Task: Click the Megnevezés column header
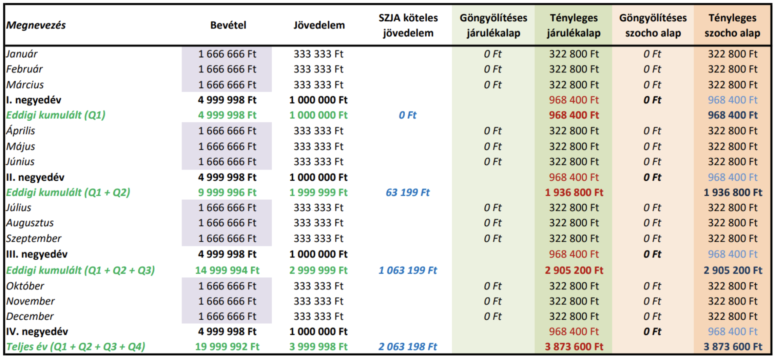[36, 25]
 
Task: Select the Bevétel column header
[228, 25]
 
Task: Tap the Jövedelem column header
[319, 25]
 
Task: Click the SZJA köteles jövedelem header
[408, 25]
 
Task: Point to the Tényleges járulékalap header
[574, 25]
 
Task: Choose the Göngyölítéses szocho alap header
[653, 25]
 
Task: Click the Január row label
[22, 54]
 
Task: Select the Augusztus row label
[30, 223]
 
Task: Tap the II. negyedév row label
[35, 177]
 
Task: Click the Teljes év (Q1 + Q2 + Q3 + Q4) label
[76, 347]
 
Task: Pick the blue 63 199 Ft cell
[408, 193]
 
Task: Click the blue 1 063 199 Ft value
[408, 270]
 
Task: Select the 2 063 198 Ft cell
[408, 347]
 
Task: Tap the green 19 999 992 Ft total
[227, 347]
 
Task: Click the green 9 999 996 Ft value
[227, 193]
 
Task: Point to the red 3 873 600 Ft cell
[574, 347]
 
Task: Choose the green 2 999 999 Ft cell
[318, 270]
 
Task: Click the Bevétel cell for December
[227, 316]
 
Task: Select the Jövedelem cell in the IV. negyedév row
[318, 332]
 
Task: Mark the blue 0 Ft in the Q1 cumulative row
[408, 115]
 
